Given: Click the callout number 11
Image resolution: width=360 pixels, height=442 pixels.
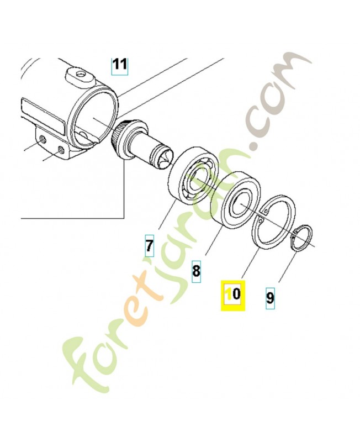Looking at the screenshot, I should pos(120,65).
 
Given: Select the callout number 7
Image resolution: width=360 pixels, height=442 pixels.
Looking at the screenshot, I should pos(149,244).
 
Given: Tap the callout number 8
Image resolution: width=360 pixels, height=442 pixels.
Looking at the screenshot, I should pos(196,272).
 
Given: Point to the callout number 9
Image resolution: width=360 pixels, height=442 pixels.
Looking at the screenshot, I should pos(270,298).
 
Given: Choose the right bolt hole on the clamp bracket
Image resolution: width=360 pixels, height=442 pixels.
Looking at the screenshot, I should pos(61,150).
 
